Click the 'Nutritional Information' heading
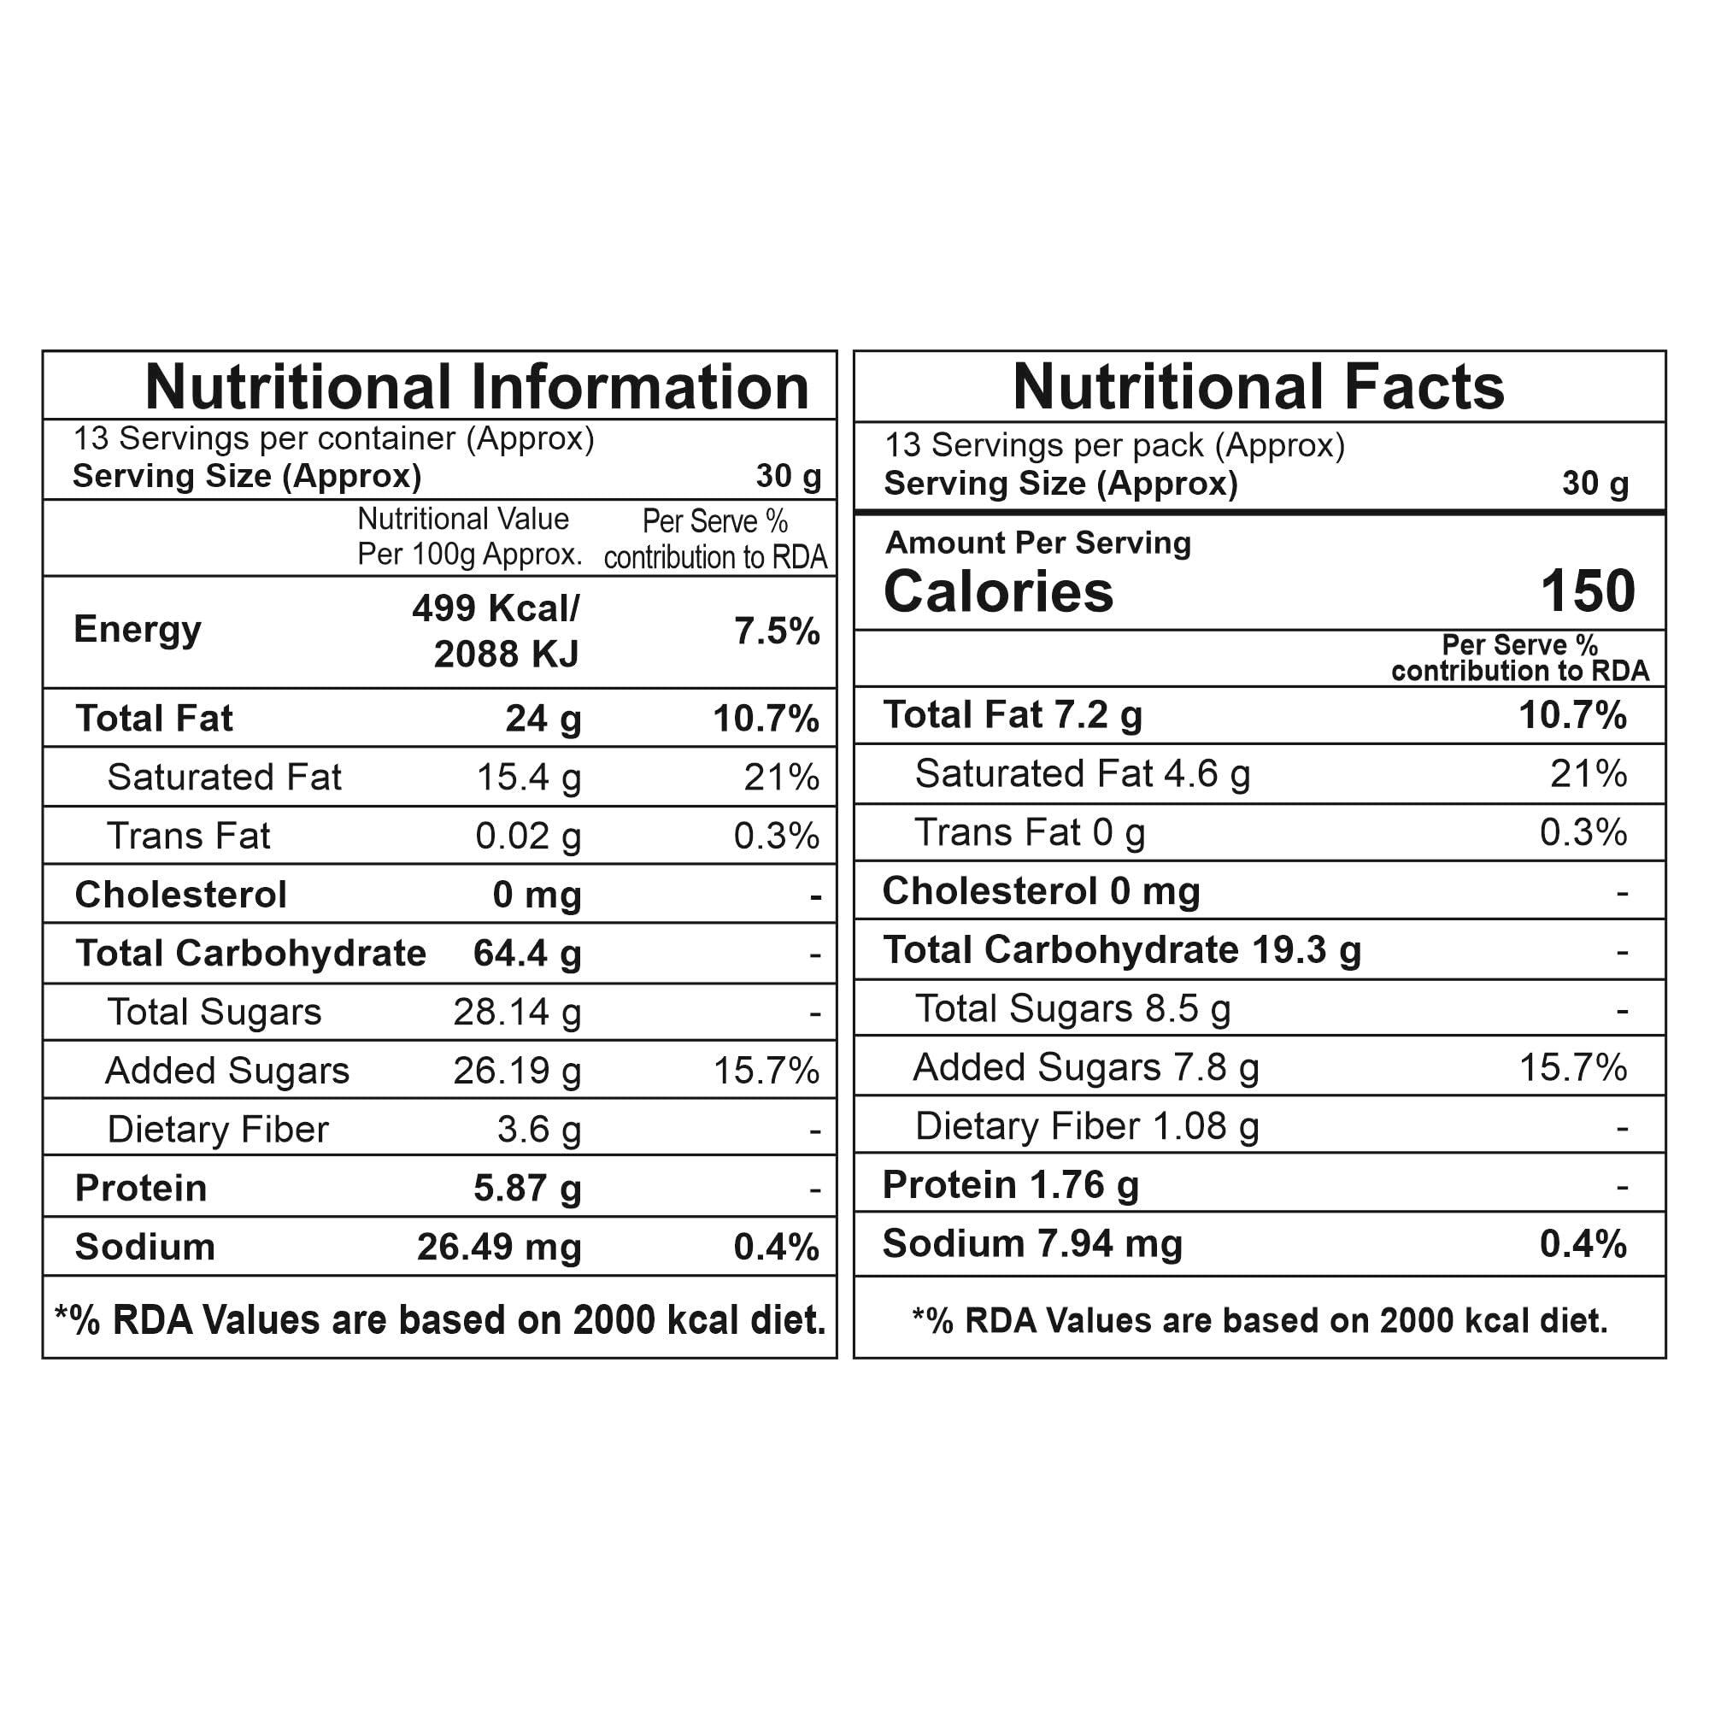tap(477, 387)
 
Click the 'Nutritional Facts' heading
tap(1258, 387)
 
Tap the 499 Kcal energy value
tap(496, 608)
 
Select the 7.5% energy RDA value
tap(777, 631)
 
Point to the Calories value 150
tap(1587, 591)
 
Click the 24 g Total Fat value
tap(543, 719)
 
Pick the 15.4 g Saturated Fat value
tap(528, 778)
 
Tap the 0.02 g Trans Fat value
tap(528, 836)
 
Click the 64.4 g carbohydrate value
tap(527, 954)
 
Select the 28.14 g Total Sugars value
tap(518, 1012)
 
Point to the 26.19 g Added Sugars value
tap(518, 1071)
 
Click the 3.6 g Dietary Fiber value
tap(538, 1130)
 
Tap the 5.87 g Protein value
tap(527, 1188)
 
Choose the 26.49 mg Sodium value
tap(499, 1247)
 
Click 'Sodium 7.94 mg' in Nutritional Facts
tap(1031, 1243)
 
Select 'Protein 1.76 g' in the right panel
tap(1010, 1185)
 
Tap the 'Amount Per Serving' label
tap(1037, 543)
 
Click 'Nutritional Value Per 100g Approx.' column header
tap(469, 537)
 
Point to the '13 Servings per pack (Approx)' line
tap(1114, 445)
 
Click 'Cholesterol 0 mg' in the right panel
tap(1040, 890)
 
